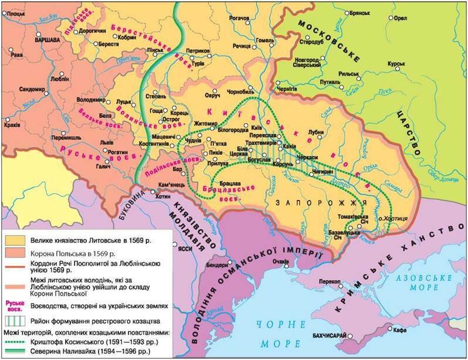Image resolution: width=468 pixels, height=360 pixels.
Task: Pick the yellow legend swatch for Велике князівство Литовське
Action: (15, 240)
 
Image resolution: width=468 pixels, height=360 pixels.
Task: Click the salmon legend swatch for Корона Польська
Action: (15, 253)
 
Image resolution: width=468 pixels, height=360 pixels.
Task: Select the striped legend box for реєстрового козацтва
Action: (15, 320)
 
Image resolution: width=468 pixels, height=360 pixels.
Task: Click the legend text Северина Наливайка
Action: (88, 351)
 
